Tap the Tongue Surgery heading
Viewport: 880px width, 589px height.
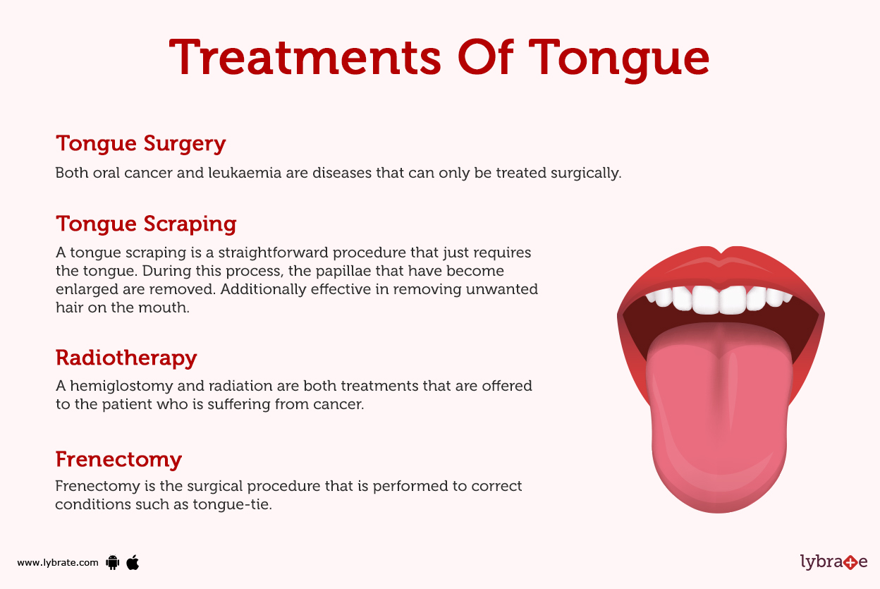(140, 143)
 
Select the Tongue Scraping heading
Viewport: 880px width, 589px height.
(146, 224)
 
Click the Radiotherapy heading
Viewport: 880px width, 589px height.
(126, 358)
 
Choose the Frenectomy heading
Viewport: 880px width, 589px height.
(118, 459)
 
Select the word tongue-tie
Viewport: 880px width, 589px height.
(232, 505)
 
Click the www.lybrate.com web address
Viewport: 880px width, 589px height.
(58, 563)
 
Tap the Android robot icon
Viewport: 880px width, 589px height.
(112, 562)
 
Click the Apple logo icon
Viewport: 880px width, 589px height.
(133, 562)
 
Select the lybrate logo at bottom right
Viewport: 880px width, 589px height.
(833, 562)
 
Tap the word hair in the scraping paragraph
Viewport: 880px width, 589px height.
(69, 308)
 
